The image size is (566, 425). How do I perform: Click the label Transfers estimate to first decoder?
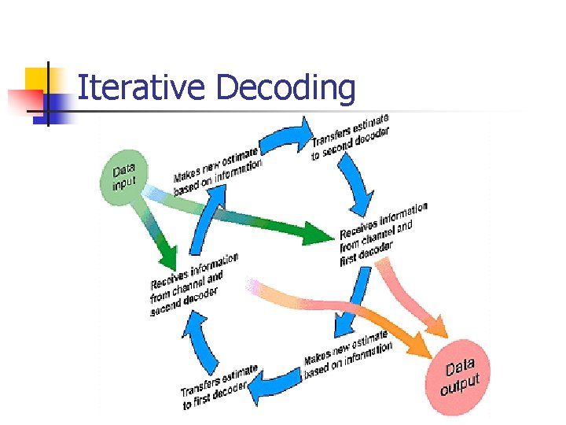point(219,386)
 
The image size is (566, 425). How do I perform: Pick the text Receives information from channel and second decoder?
point(193,283)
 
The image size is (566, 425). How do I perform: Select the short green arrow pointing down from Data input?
point(156,236)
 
